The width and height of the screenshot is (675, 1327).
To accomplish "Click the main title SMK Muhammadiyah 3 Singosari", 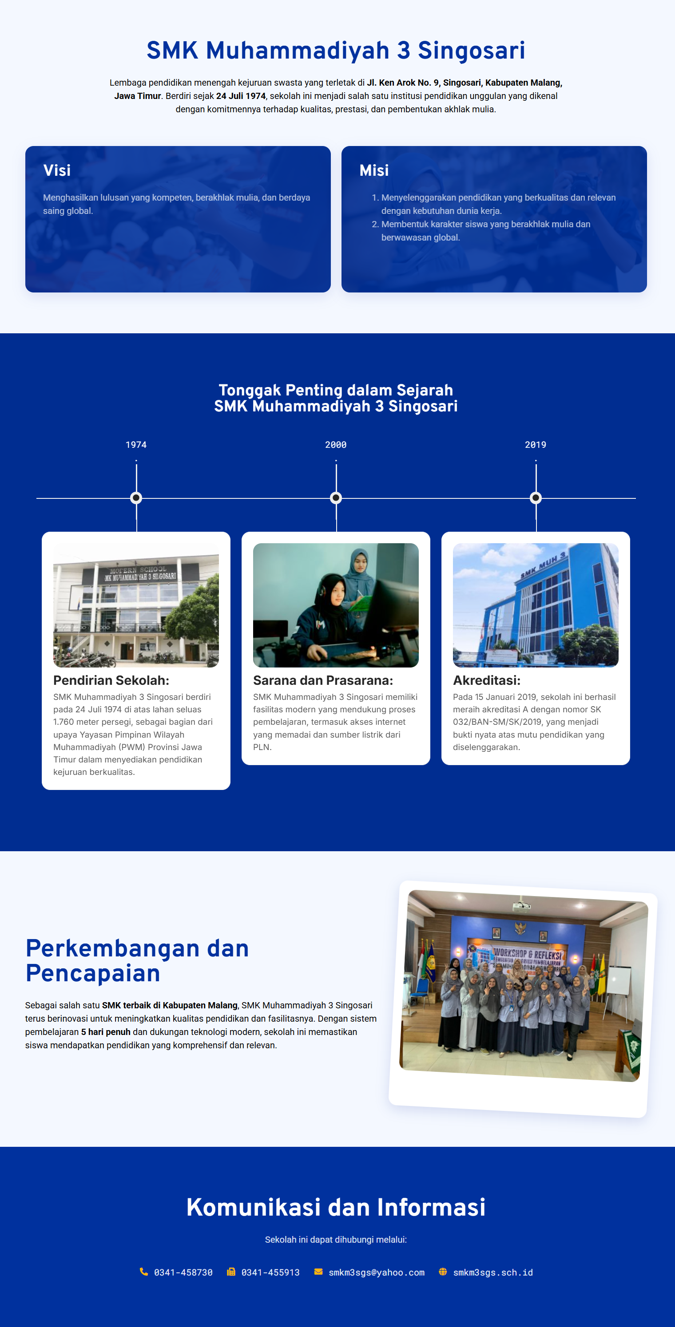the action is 336,51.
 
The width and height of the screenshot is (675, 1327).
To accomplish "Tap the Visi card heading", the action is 57,170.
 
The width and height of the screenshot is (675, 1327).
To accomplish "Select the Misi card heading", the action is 374,170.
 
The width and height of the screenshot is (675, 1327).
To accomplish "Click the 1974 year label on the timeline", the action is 136,445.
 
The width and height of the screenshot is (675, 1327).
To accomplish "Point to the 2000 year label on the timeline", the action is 336,445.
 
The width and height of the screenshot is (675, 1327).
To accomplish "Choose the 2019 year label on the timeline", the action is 536,445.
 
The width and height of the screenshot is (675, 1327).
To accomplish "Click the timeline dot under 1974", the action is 136,498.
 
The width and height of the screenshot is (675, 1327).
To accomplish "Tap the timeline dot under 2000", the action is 336,498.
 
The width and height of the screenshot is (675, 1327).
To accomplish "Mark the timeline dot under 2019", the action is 536,498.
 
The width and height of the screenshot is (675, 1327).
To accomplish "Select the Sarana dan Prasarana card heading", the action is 323,680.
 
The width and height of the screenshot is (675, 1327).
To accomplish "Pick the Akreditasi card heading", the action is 487,680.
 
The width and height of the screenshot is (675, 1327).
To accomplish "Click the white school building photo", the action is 136,605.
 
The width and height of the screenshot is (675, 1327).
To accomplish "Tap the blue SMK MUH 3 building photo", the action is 536,605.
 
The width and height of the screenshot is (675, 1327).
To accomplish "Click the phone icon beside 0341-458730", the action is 144,1272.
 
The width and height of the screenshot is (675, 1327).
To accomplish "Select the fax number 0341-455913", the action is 270,1272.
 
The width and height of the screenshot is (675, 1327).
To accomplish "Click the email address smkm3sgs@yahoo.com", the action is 377,1272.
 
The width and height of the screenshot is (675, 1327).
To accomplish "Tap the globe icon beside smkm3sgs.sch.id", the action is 443,1272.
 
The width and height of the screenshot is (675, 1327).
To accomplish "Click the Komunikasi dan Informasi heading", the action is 336,1208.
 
